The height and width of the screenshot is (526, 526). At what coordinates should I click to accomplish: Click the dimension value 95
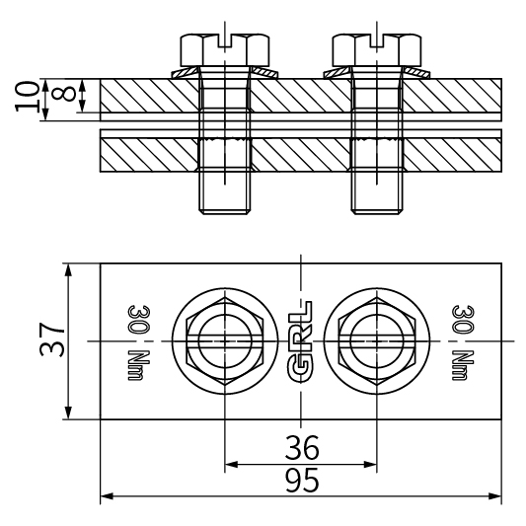point(302,480)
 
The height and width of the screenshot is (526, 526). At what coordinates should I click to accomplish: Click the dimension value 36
point(302,449)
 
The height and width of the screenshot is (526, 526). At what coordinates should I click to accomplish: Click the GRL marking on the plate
point(302,340)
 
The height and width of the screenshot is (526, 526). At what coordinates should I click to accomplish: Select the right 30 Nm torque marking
point(463,340)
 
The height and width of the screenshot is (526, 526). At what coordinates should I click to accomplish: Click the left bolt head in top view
point(226,340)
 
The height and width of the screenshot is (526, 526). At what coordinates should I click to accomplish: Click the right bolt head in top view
point(377,340)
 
